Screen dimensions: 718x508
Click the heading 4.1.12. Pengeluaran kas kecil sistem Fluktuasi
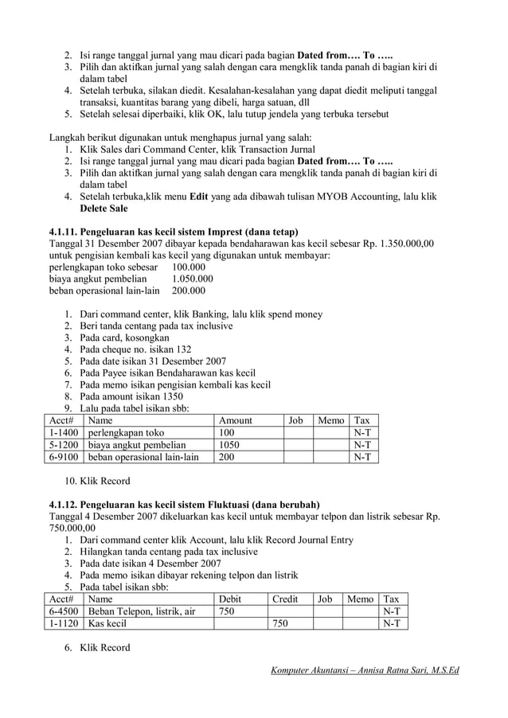pyautogui.click(x=184, y=505)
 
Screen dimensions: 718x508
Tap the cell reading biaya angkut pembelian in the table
pyautogui.click(x=136, y=445)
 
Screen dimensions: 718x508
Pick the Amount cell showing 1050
pyautogui.click(x=229, y=445)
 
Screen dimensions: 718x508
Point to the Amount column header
pyautogui.click(x=235, y=420)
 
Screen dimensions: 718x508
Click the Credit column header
pyautogui.click(x=285, y=599)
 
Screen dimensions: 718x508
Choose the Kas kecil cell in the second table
pyautogui.click(x=107, y=624)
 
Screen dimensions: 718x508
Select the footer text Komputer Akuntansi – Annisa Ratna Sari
pyautogui.click(x=365, y=670)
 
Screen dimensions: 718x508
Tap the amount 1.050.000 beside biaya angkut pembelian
pyautogui.click(x=192, y=279)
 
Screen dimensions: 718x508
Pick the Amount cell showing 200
pyautogui.click(x=227, y=457)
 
